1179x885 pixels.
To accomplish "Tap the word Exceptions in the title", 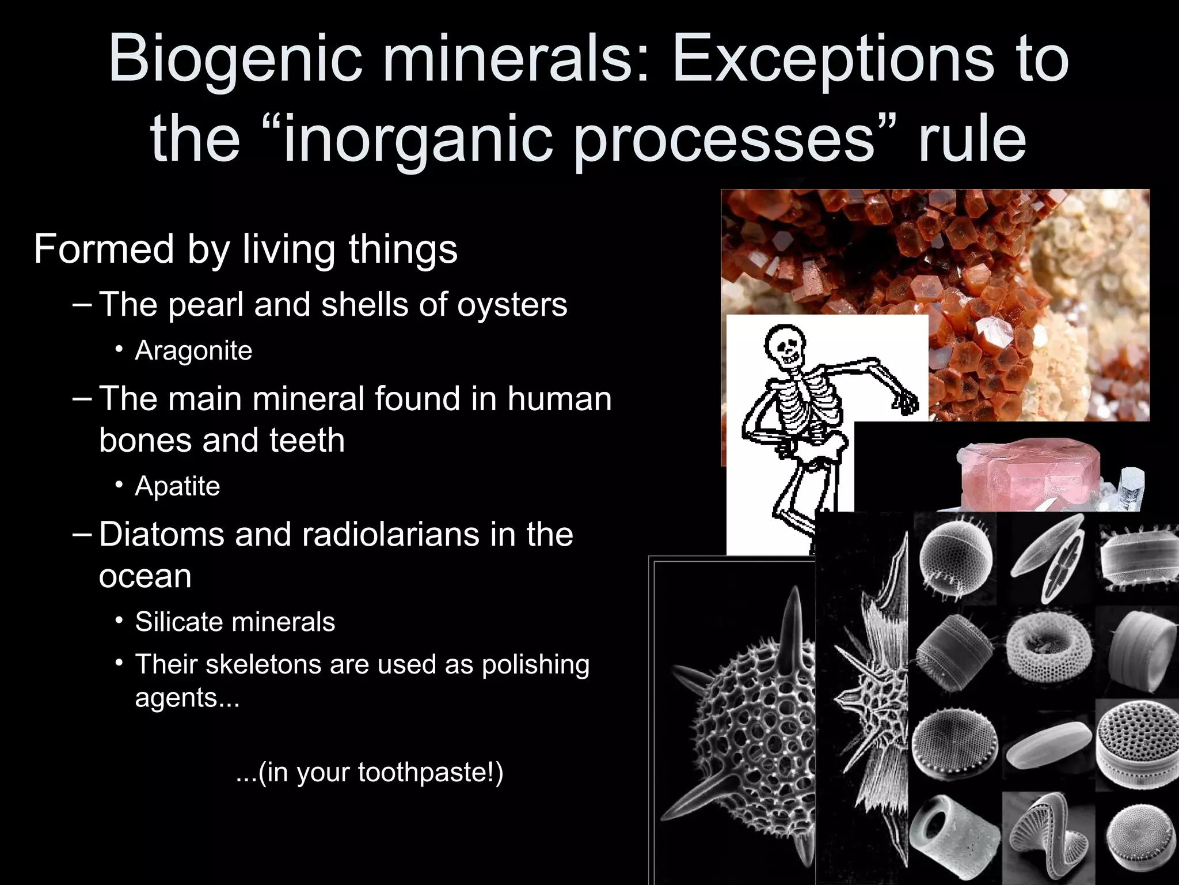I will coord(832,59).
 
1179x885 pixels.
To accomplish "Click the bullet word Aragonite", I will coord(193,350).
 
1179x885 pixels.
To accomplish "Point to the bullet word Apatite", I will coord(177,486).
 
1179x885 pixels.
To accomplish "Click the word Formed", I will coord(104,249).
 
